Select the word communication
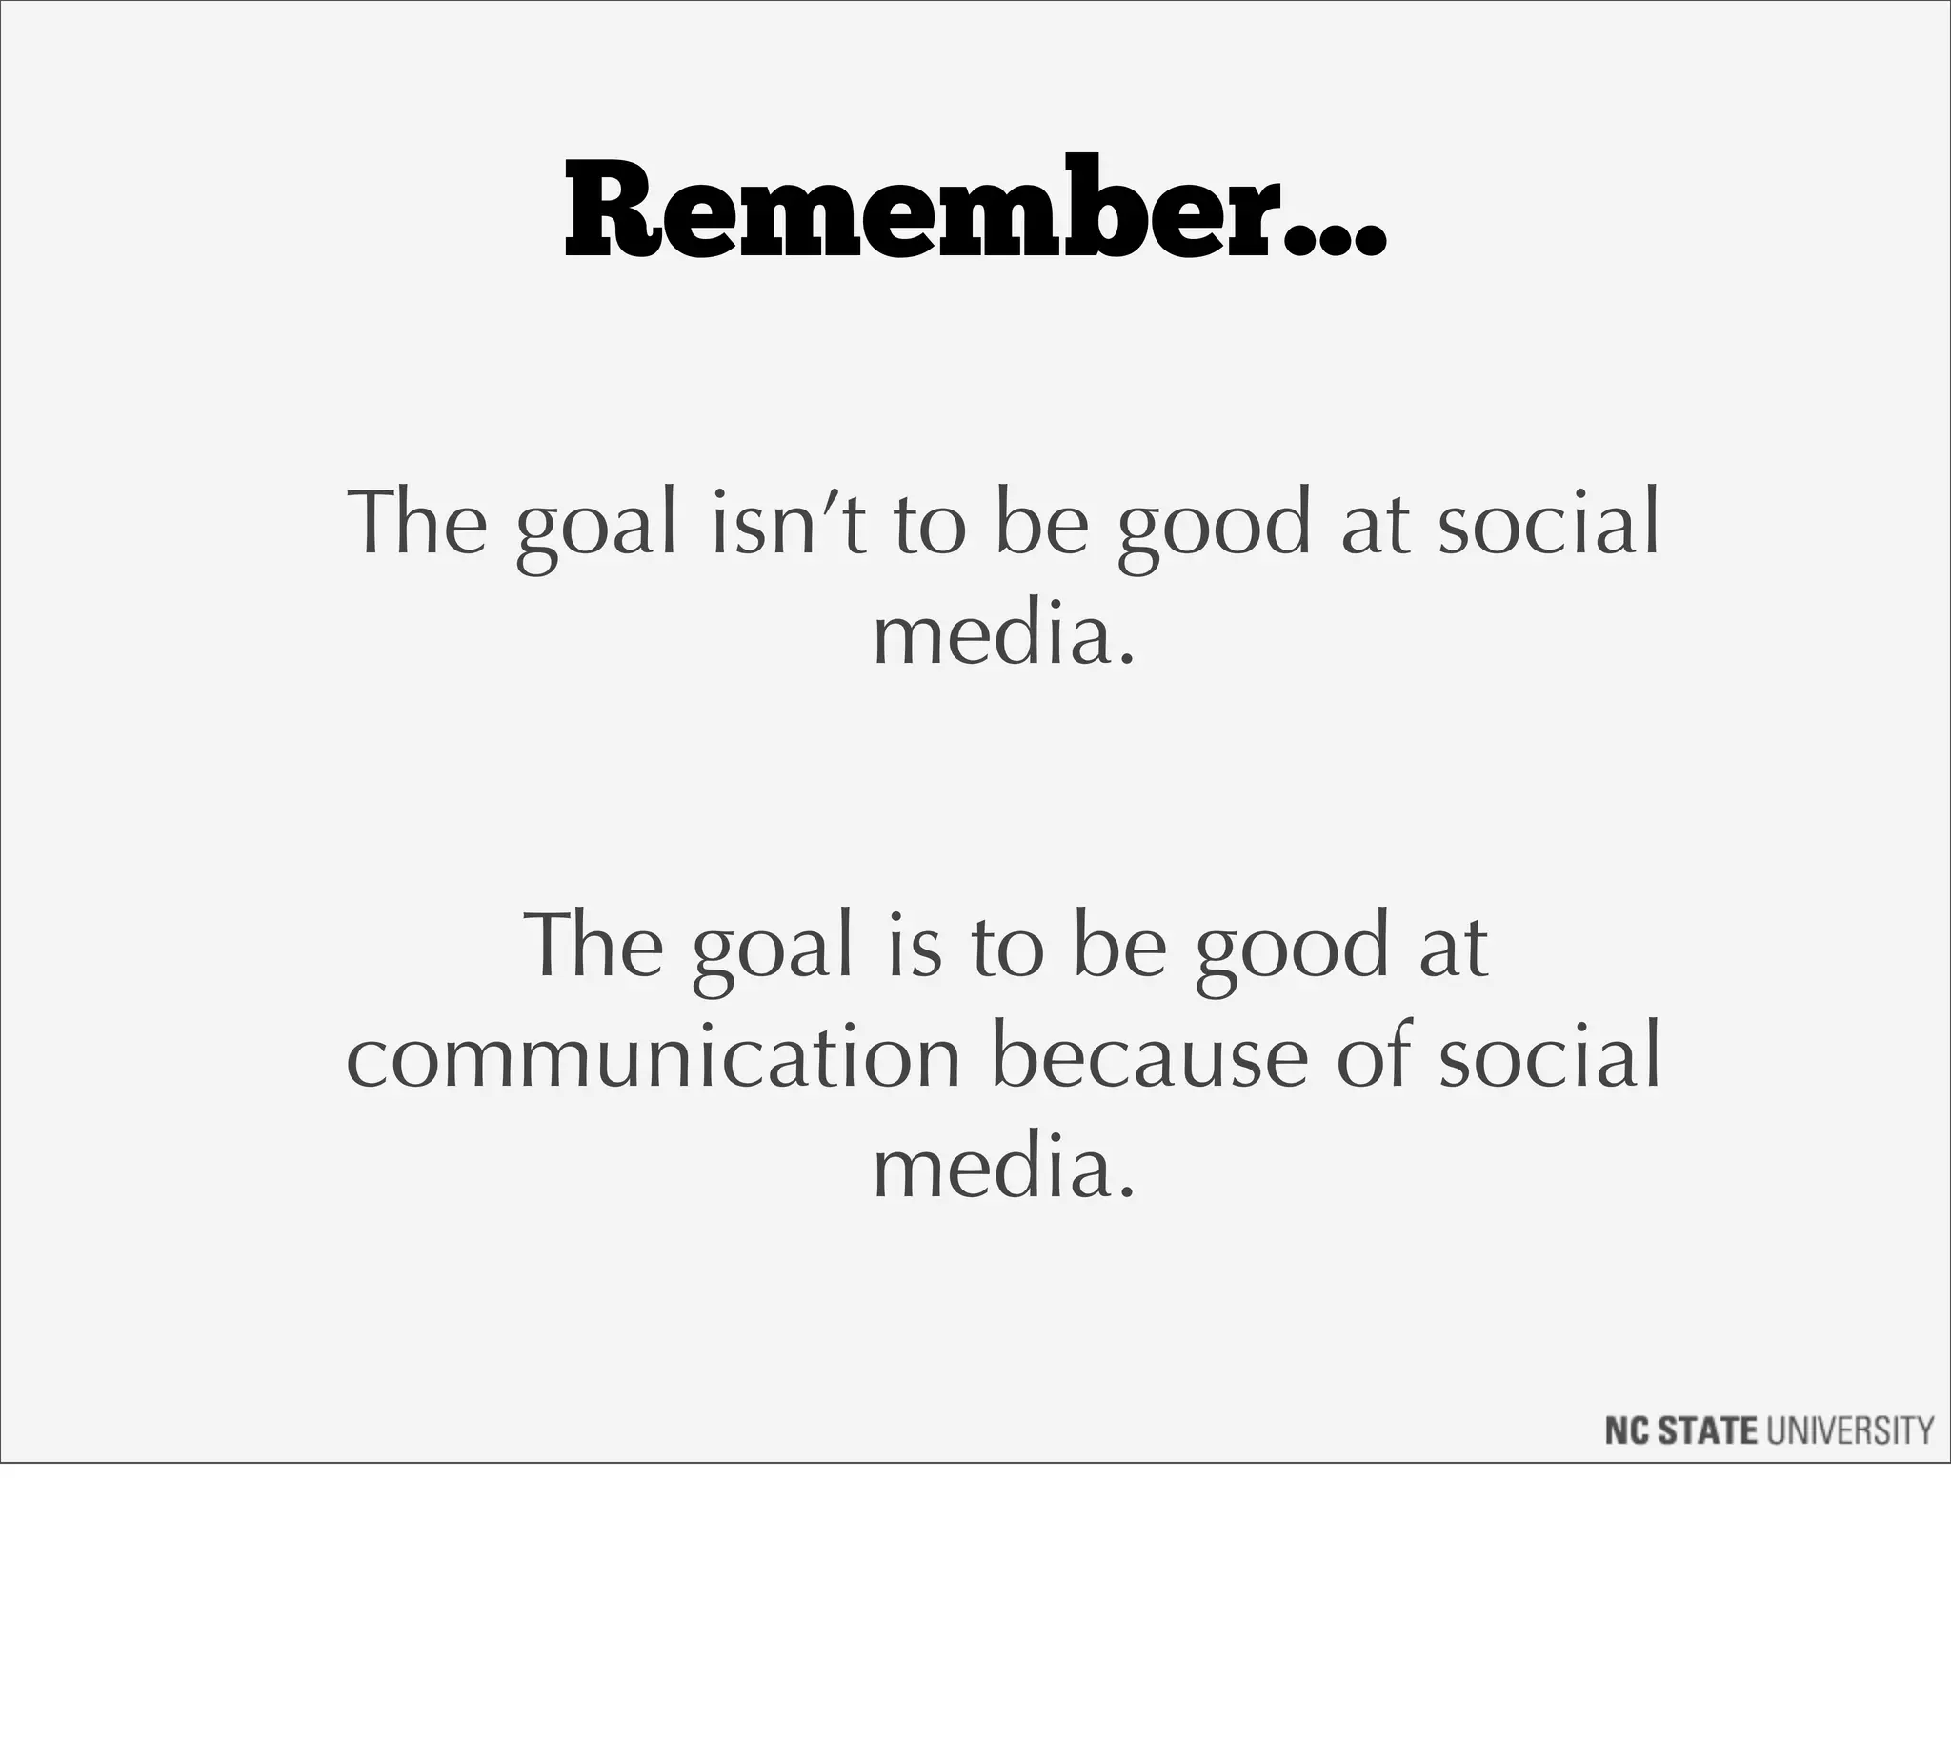(x=653, y=1057)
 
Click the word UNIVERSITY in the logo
(x=1850, y=1430)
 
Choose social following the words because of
(x=1549, y=1057)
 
